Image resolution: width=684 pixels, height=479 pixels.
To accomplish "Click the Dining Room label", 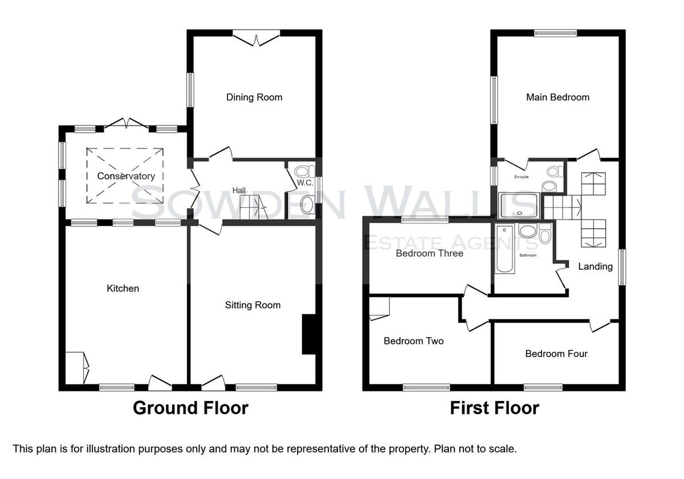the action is (254, 98).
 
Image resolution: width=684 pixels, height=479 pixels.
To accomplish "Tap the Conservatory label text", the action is (126, 176).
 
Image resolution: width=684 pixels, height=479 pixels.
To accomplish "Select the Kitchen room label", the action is (123, 289).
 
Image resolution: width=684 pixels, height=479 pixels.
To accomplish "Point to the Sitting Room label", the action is (253, 305).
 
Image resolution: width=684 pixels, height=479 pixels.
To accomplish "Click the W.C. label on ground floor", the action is (305, 182).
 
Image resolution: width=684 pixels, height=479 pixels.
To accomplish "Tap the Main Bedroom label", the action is (557, 98).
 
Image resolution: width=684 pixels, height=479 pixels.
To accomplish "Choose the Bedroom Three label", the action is (429, 253).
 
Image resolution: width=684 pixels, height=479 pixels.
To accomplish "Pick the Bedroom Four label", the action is (556, 354).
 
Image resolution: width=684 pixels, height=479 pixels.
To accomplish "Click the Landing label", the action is (596, 267).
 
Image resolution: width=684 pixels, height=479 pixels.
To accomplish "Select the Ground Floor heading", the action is (190, 408).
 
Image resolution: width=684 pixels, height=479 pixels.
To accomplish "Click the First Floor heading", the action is (495, 408).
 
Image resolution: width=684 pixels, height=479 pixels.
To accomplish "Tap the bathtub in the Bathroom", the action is (504, 249).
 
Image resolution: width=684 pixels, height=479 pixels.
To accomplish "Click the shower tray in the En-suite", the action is (519, 206).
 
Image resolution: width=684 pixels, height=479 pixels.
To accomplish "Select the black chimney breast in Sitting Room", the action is (309, 334).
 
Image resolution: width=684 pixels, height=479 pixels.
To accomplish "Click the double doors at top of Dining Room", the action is (256, 38).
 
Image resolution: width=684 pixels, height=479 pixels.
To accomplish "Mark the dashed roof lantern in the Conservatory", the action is (125, 176).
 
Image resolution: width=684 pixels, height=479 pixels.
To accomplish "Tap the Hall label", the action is (239, 190).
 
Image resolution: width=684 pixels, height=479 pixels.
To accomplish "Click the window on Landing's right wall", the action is (622, 267).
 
